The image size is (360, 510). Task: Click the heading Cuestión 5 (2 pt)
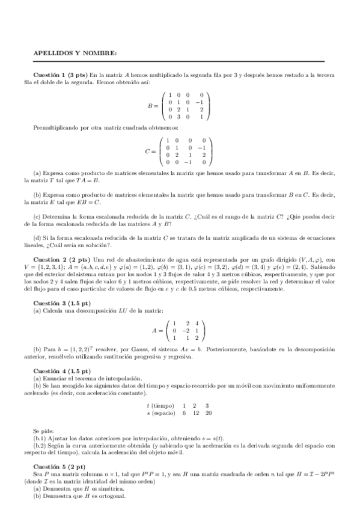[59, 467]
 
